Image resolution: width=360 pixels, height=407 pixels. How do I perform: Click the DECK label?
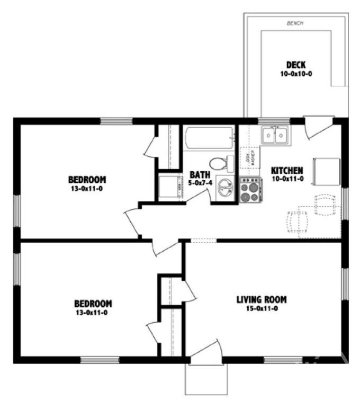tap(296, 65)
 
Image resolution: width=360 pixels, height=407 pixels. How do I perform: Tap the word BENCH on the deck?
tap(294, 23)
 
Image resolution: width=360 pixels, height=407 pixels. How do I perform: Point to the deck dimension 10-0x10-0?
tap(296, 74)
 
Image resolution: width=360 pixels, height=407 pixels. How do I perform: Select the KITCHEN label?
tap(286, 171)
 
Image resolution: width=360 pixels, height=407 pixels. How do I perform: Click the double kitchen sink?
tap(275, 136)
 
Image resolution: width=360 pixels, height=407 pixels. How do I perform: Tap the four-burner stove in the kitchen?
tap(250, 190)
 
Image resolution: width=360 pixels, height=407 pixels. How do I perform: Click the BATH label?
tap(200, 174)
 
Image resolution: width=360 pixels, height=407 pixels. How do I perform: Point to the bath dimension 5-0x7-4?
tap(200, 183)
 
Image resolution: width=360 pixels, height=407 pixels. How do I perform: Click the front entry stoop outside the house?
tap(206, 379)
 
